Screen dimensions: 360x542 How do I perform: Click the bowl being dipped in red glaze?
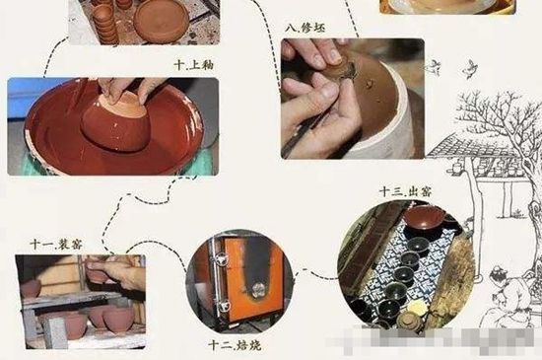click(116, 119)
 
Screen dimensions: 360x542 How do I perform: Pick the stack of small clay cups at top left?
click(103, 16)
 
